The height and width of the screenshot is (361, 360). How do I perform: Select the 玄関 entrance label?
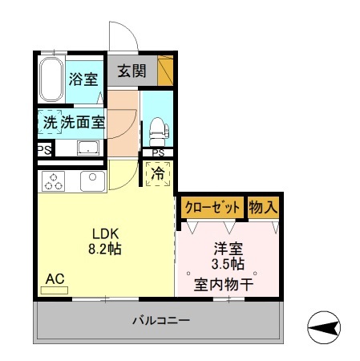tap(132, 71)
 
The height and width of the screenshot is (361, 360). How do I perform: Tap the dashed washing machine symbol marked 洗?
tap(49, 123)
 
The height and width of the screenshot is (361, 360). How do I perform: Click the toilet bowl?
tap(156, 128)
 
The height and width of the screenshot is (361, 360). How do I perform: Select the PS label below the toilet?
tap(158, 153)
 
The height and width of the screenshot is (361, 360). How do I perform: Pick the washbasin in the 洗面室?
tap(87, 148)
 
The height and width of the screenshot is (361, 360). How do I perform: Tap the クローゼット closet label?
tap(212, 206)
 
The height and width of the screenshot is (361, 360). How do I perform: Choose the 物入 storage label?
tap(263, 206)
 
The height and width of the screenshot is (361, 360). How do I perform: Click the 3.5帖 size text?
tap(229, 263)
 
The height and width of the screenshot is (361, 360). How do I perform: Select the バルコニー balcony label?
tap(160, 321)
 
